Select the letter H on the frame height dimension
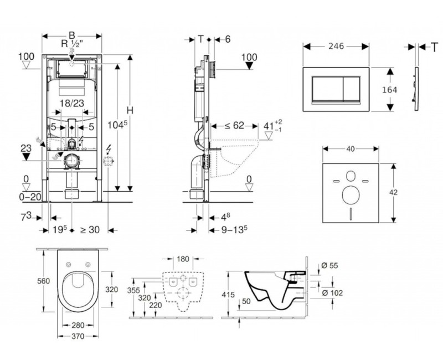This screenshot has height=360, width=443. click(130, 110)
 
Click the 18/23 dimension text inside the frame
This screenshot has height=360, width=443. click(72, 103)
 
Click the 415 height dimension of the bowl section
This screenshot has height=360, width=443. click(229, 295)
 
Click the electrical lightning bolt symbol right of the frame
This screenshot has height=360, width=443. click(109, 148)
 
